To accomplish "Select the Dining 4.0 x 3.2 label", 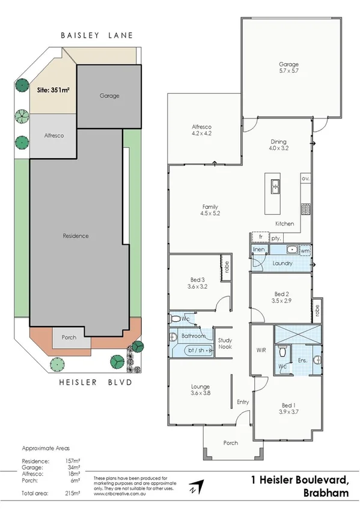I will click(278, 144).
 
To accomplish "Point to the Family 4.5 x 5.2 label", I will click(209, 209).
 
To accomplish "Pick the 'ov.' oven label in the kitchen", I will click(305, 179).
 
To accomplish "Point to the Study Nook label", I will click(225, 343).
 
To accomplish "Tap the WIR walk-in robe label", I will click(261, 349).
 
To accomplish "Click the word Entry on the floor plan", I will click(243, 402).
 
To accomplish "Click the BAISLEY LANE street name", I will click(97, 36).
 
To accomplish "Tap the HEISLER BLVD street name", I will click(96, 381).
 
